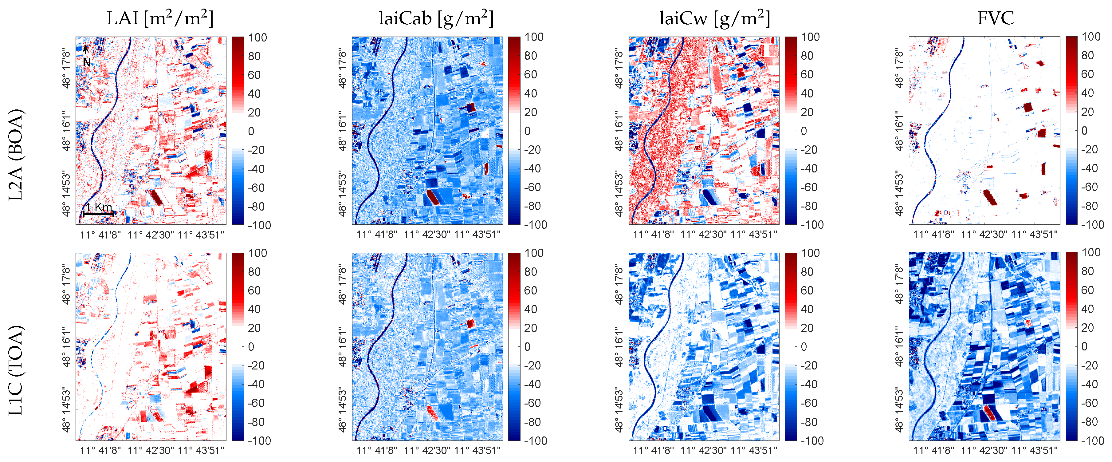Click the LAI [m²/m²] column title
(x=160, y=18)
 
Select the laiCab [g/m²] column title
(x=436, y=18)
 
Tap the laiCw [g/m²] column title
(x=714, y=18)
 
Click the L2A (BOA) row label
(x=16, y=155)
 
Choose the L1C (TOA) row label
(x=16, y=370)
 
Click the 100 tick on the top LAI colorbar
(x=258, y=38)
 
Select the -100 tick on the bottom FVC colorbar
(x=1092, y=440)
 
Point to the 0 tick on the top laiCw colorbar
(x=804, y=131)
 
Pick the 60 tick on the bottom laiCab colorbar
(x=531, y=290)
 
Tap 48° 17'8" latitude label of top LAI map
(x=66, y=68)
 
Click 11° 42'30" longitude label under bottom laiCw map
(x=703, y=450)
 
